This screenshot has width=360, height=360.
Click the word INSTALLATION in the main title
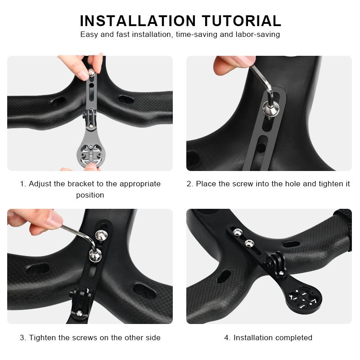coord(138,21)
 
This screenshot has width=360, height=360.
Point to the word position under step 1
coord(90,195)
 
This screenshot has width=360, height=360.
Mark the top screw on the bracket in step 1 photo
coord(91,72)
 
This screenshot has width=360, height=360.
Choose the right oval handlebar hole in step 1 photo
coord(126,99)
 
